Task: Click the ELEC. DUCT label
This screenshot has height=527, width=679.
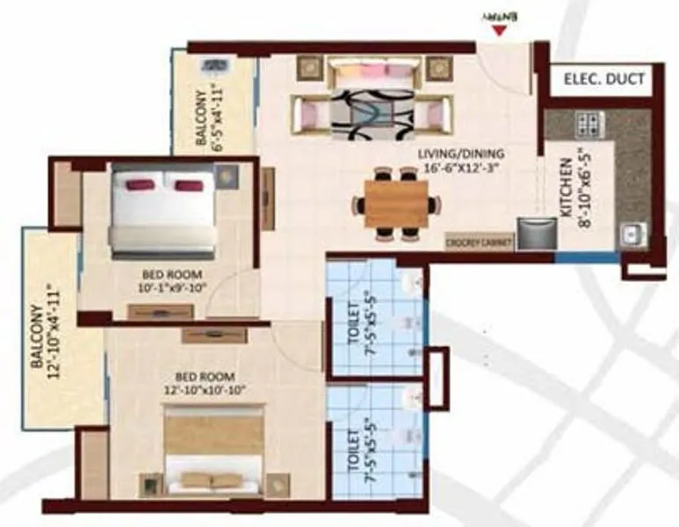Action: [603, 80]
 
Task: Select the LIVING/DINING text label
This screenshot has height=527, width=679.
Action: [460, 157]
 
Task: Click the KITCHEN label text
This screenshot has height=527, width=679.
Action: [567, 188]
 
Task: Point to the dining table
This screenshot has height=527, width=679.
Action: [396, 204]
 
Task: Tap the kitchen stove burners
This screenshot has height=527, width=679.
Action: [587, 121]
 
